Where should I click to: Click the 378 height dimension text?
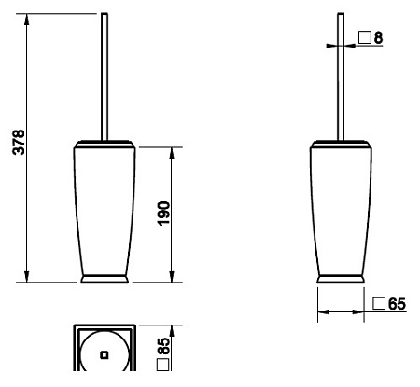pos(20,142)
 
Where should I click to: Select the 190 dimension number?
pos(164,214)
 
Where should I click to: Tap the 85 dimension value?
pos(164,346)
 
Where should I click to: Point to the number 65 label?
pos(397,304)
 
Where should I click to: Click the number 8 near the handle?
pos(378,38)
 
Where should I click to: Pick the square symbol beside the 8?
pos(365,37)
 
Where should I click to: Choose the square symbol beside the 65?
pos(379,303)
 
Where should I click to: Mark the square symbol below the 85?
pos(163,365)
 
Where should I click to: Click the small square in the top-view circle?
pos(105,354)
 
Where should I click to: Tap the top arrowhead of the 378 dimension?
pos(27,20)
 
